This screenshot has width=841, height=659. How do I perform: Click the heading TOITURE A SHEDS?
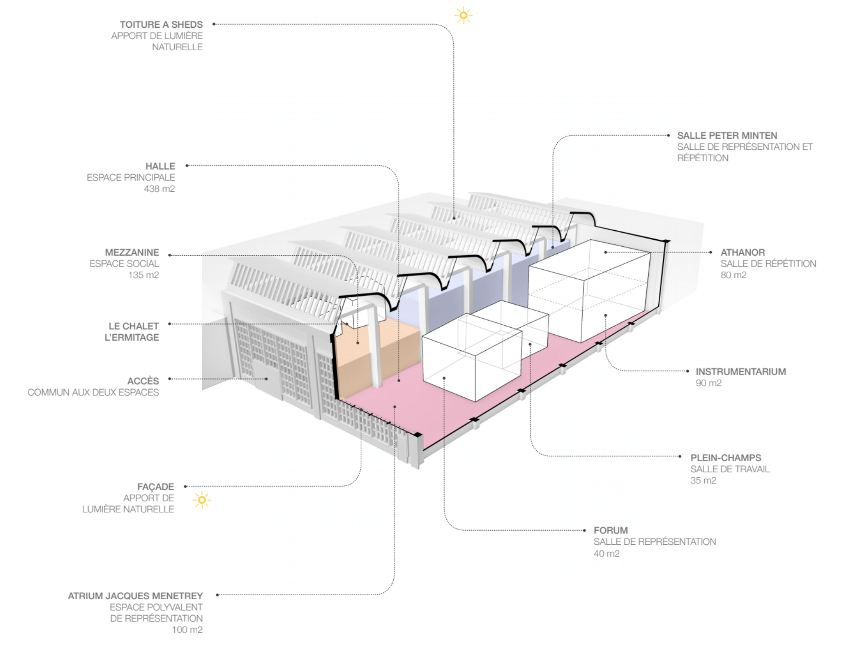coord(161,24)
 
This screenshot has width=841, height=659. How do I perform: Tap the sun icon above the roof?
coord(463,16)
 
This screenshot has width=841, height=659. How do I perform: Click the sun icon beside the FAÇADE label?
coord(202,500)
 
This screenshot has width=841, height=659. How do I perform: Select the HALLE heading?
coord(160,166)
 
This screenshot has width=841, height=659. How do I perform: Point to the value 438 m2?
coord(159,188)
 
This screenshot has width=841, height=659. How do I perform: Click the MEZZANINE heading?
coord(132,252)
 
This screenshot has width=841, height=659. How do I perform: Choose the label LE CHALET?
coord(133,326)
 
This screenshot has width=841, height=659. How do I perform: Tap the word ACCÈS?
coord(143,381)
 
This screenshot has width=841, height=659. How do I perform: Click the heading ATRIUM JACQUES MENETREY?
coord(135,596)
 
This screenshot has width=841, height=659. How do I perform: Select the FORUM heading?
coord(610,530)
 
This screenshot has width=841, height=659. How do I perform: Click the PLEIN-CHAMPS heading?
coord(725,457)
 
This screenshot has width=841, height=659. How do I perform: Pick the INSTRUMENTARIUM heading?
coord(740,371)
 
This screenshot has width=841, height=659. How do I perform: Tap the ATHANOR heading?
coord(742,252)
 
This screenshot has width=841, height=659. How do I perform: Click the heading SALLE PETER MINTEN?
coord(727,135)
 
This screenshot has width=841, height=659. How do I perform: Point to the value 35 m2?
coord(703,480)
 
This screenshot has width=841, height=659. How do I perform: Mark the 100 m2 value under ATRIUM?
coord(187,630)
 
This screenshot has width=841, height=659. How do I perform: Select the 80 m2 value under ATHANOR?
coord(733,275)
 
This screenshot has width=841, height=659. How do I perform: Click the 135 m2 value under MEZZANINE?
coord(143,275)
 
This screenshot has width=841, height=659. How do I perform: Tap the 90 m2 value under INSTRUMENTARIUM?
coord(708,383)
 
